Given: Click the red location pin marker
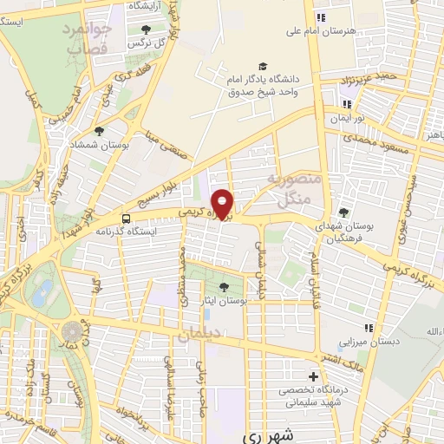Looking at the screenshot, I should pos(223,204).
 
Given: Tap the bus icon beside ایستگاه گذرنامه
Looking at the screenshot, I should pos(126,219).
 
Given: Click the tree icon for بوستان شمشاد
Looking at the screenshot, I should pos(101,133).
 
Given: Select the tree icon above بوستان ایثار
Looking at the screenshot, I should pos(225,287).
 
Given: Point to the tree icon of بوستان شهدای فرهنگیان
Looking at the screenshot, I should pos(343,212).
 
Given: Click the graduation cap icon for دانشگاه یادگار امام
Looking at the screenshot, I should pos(263,66).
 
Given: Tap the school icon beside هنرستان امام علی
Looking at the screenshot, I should pos(320,16).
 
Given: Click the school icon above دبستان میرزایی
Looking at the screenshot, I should pos(369,328).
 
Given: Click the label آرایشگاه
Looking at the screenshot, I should pos(149,5).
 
